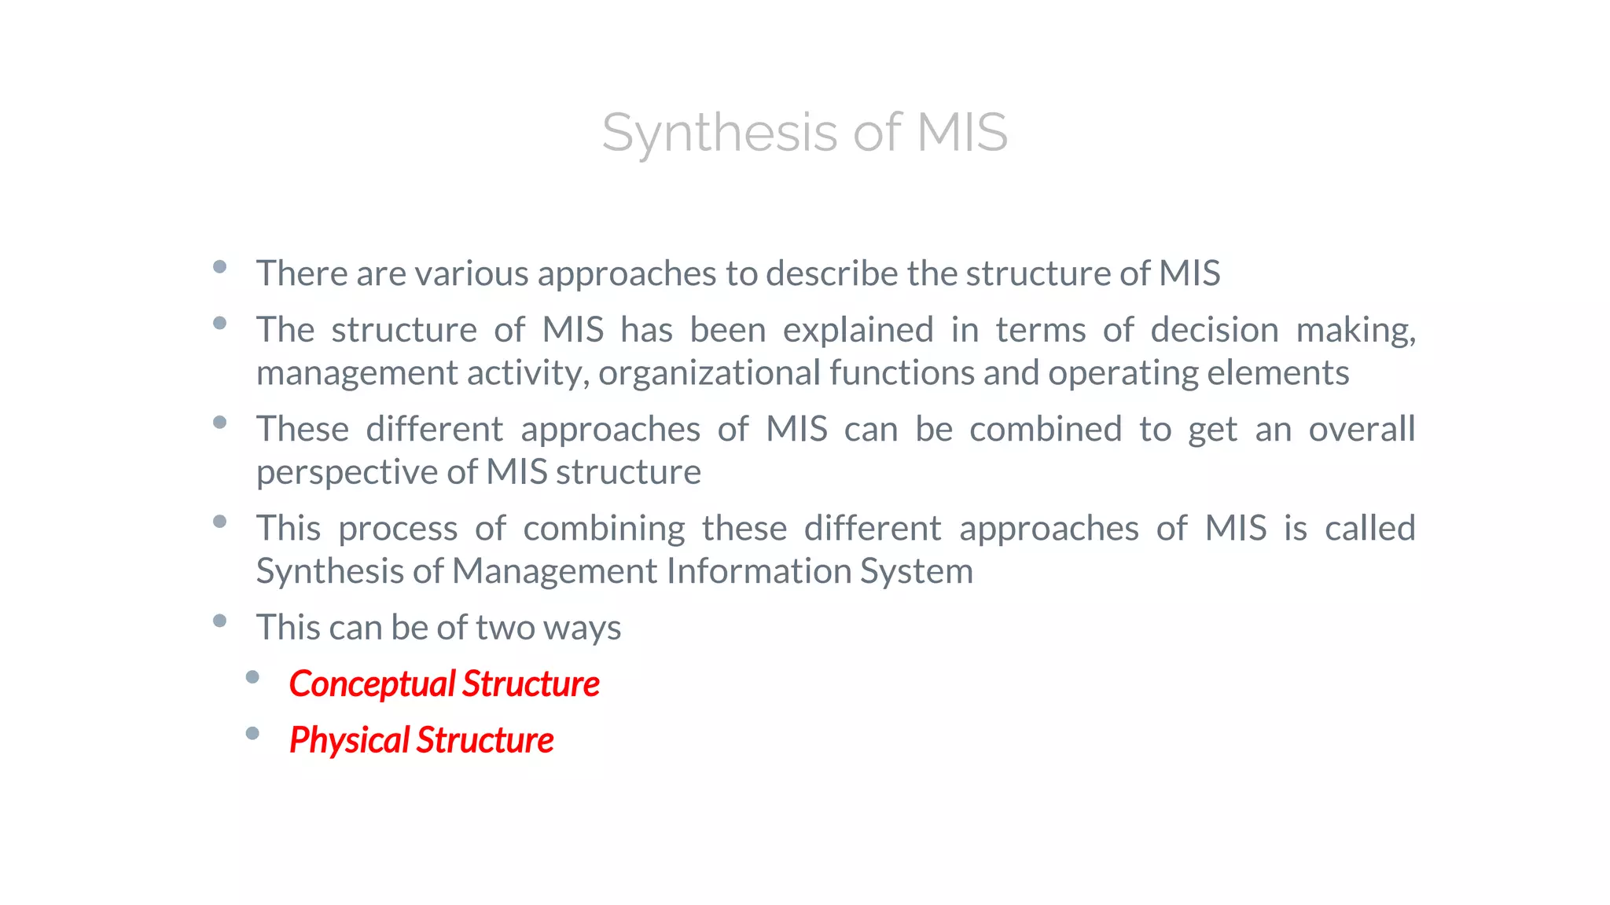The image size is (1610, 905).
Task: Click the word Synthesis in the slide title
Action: coord(719,132)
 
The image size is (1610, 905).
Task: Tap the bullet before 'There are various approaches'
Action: coord(220,267)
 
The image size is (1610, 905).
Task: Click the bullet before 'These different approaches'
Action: coord(220,423)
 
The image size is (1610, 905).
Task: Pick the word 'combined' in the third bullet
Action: coord(1046,430)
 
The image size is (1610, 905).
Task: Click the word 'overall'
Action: coord(1362,430)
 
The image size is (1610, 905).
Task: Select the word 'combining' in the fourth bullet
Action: coord(604,529)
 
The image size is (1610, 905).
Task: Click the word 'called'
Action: coord(1369,529)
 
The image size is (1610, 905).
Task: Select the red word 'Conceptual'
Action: coord(371,684)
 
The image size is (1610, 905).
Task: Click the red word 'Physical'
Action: coord(349,741)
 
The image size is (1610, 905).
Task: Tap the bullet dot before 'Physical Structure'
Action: coord(252,734)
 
